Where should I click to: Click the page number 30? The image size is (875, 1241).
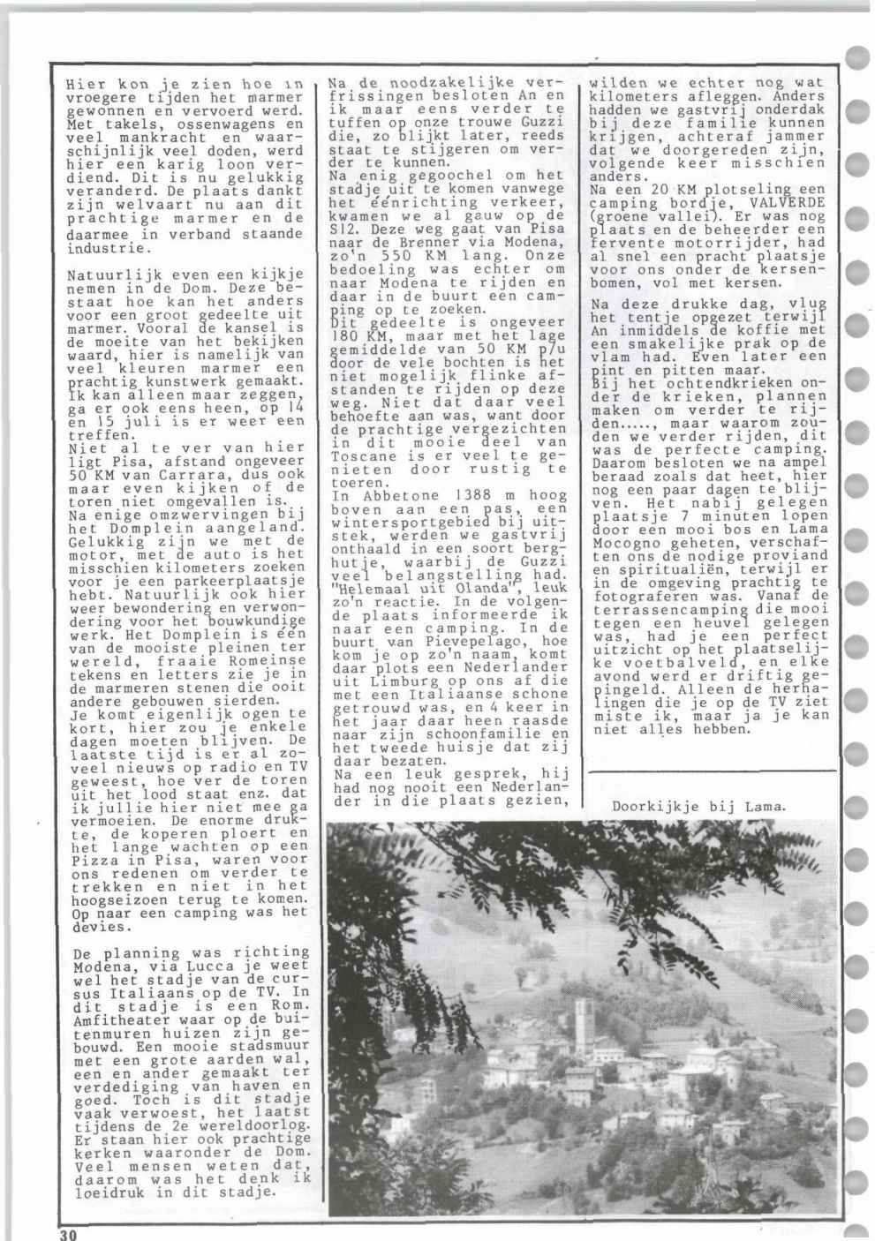click(68, 1233)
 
